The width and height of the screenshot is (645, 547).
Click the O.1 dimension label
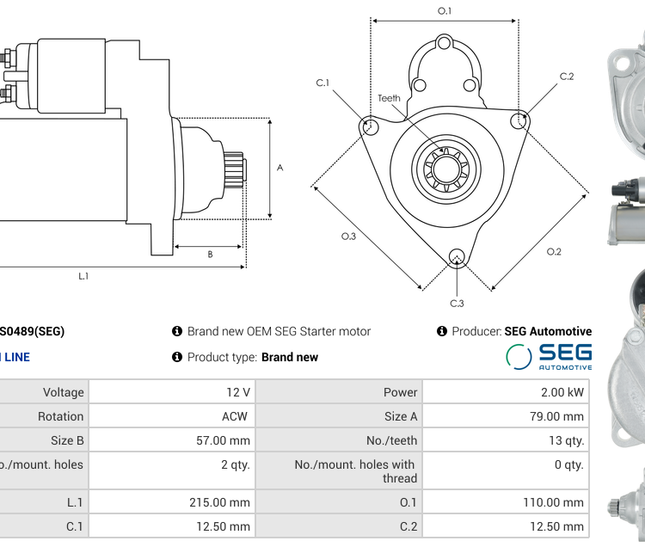pos(445,10)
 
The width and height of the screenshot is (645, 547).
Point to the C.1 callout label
pos(322,83)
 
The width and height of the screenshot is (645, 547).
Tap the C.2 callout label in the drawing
pos(566,77)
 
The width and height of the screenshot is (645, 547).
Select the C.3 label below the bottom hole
pos(457,303)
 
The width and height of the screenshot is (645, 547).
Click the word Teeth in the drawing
pos(389,98)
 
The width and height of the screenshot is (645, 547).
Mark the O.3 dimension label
pos(348,236)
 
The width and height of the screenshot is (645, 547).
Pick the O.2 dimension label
pos(554,251)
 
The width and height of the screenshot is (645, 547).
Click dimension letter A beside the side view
pos(279,168)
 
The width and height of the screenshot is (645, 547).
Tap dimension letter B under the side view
pos(210,254)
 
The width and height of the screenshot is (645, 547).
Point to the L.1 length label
pos(83,275)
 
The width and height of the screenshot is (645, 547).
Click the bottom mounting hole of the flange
pos(457,255)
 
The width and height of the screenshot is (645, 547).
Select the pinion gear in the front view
pos(445,166)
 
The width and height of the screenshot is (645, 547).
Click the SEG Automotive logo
pos(549,356)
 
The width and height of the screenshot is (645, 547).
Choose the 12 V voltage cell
pos(238,392)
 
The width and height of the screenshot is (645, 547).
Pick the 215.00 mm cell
pos(219,502)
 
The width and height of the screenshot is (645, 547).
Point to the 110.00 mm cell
pos(554,502)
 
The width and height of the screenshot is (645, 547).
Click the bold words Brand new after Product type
pos(290,357)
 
